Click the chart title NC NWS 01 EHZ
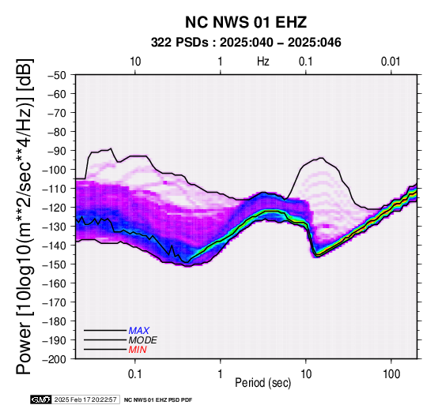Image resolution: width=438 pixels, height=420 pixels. [246, 22]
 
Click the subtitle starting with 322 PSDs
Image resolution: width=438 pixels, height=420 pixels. [246, 43]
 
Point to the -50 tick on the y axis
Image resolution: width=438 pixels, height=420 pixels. [56, 75]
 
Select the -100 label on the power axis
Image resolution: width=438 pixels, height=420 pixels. [55, 170]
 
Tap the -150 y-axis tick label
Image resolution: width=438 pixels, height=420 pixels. [55, 264]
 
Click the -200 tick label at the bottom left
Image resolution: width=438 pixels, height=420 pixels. [55, 359]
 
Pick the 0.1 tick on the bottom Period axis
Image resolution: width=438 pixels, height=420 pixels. [135, 374]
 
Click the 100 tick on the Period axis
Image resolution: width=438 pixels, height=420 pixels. [391, 374]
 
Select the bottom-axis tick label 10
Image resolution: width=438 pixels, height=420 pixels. [306, 374]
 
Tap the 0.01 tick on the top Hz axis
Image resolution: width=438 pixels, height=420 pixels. [391, 62]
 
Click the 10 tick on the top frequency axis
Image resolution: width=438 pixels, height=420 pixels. [135, 62]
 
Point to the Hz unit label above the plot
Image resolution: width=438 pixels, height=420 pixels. [263, 62]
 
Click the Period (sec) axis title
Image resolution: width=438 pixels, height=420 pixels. [263, 383]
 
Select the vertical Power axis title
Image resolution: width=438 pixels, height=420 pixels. [24, 216]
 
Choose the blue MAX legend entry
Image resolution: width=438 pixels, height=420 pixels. [139, 331]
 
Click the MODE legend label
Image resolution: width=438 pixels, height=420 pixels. [143, 340]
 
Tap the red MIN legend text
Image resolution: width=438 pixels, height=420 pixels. [138, 350]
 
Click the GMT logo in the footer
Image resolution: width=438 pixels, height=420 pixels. [41, 399]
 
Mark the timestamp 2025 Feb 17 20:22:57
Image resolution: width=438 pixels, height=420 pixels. [85, 399]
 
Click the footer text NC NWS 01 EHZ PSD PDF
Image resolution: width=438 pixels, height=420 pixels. [158, 400]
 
